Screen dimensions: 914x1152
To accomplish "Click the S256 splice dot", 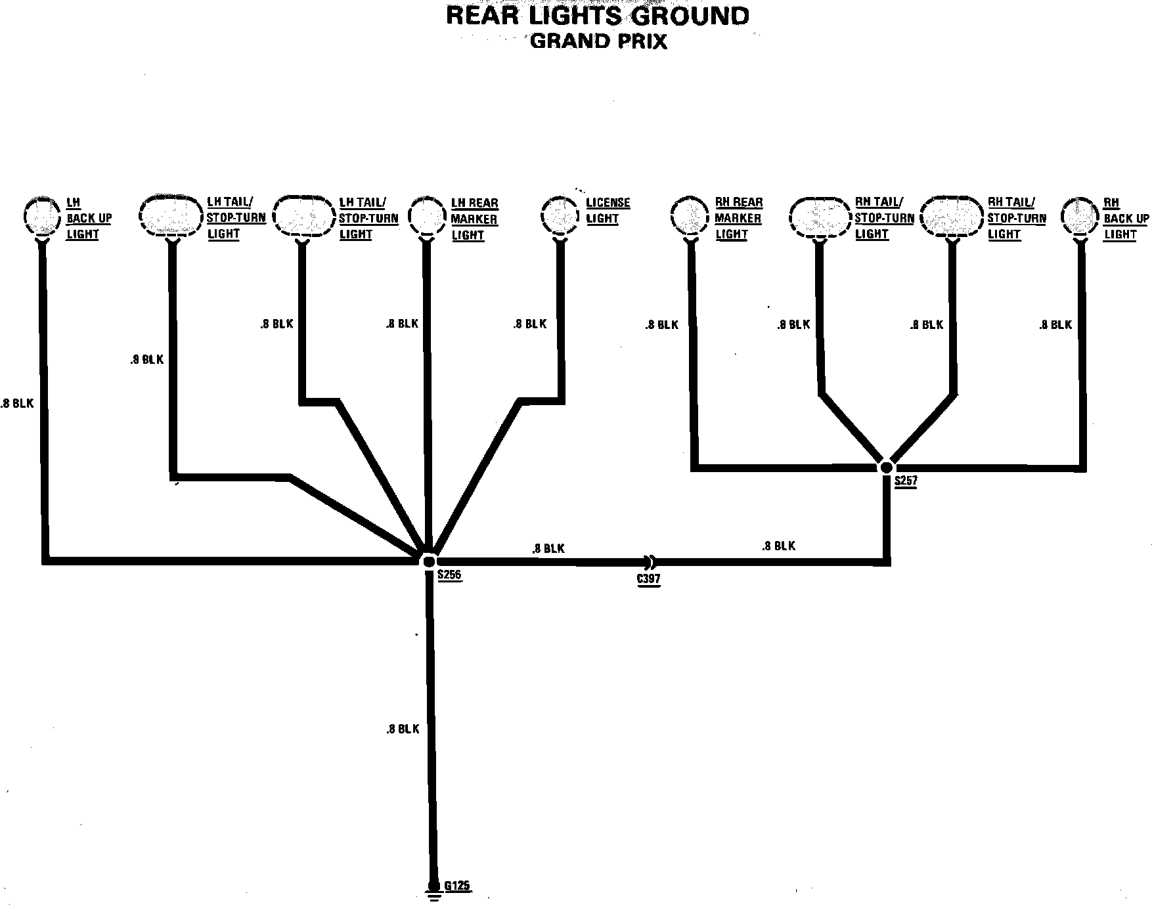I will tap(428, 561).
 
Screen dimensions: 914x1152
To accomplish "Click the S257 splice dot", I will tap(886, 468).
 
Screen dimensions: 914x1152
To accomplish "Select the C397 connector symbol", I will tap(650, 562).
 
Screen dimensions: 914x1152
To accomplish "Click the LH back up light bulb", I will tap(43, 215).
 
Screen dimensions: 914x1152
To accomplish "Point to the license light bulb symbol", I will tap(560, 214).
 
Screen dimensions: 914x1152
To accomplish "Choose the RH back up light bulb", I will tap(1080, 215).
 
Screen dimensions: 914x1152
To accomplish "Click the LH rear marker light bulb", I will tap(426, 215).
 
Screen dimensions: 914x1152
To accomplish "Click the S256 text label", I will tap(450, 576).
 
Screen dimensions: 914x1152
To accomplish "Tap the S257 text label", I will tap(906, 481).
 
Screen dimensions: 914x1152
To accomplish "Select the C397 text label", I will tap(649, 579).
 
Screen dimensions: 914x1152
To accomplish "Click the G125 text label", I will tap(457, 886).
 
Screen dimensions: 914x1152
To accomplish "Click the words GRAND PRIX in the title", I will tap(598, 41).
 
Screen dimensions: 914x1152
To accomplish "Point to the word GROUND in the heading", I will tap(690, 16).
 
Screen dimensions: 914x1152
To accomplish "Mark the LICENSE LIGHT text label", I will tap(607, 211).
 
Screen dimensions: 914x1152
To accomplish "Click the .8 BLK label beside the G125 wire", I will tap(403, 729).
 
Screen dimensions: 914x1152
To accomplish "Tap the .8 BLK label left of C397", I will tap(548, 548).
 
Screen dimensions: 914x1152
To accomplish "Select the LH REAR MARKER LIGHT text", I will tap(474, 219).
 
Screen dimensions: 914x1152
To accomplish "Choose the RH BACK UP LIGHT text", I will tap(1126, 219).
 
